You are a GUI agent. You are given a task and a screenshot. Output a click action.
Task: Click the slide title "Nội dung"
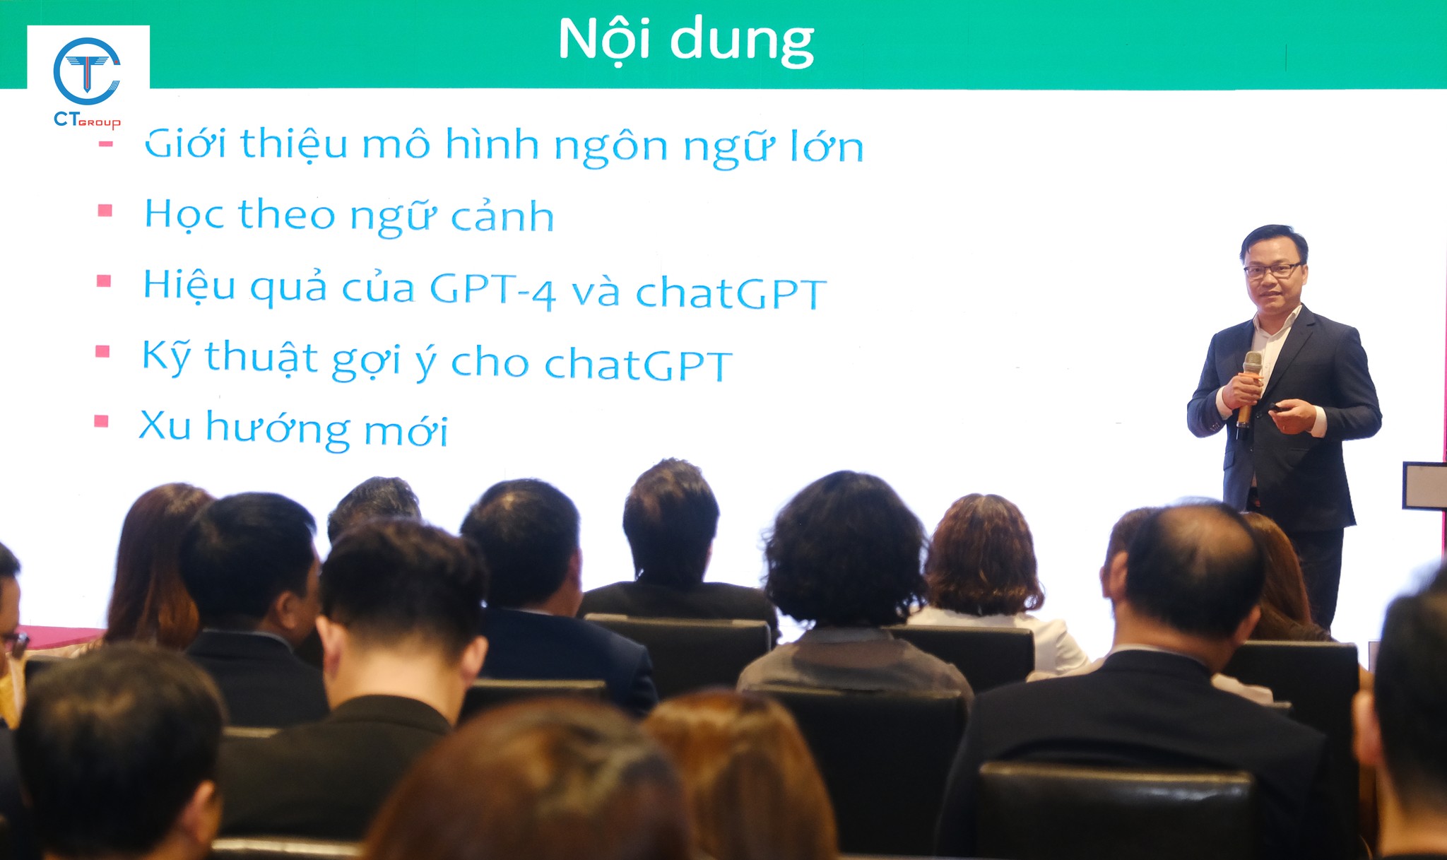coord(686,40)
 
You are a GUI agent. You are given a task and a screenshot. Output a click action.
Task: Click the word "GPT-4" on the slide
coord(492,290)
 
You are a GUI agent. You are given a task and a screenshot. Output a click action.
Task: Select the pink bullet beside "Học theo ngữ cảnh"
coord(105,210)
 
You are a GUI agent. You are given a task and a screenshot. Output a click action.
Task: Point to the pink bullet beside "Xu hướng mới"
coord(101,421)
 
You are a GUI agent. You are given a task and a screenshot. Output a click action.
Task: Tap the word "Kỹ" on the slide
coord(166,357)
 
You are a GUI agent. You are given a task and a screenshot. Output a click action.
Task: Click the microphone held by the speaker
coord(1248,388)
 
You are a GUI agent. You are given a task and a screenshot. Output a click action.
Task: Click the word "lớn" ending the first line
coord(827,146)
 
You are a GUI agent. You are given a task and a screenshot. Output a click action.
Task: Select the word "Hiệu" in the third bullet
coord(189,285)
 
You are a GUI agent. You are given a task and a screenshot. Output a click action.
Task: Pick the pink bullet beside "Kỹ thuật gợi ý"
coord(102,351)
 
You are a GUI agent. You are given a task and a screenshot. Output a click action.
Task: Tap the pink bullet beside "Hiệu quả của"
coord(104,281)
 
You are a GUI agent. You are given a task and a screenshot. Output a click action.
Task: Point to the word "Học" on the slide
coord(185,214)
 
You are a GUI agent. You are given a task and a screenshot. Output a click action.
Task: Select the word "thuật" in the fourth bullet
coord(261,358)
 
